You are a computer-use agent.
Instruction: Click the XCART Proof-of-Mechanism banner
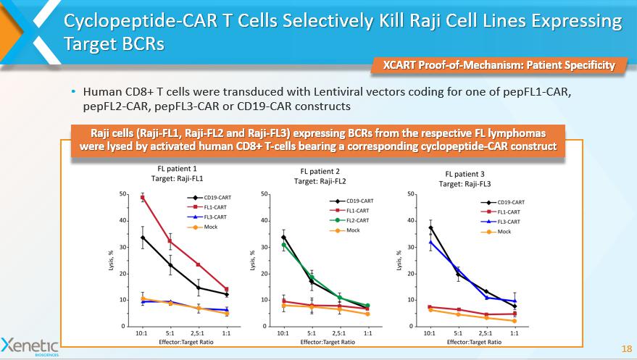(x=499, y=66)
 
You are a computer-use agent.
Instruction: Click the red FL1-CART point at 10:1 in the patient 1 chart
(x=143, y=197)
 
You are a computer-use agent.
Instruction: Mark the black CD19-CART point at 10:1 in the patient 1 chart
(x=143, y=238)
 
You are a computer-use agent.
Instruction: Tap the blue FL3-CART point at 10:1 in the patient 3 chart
(x=430, y=242)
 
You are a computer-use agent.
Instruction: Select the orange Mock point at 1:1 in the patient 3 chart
(x=514, y=321)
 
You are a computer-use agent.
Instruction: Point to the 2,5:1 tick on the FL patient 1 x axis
(x=199, y=334)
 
